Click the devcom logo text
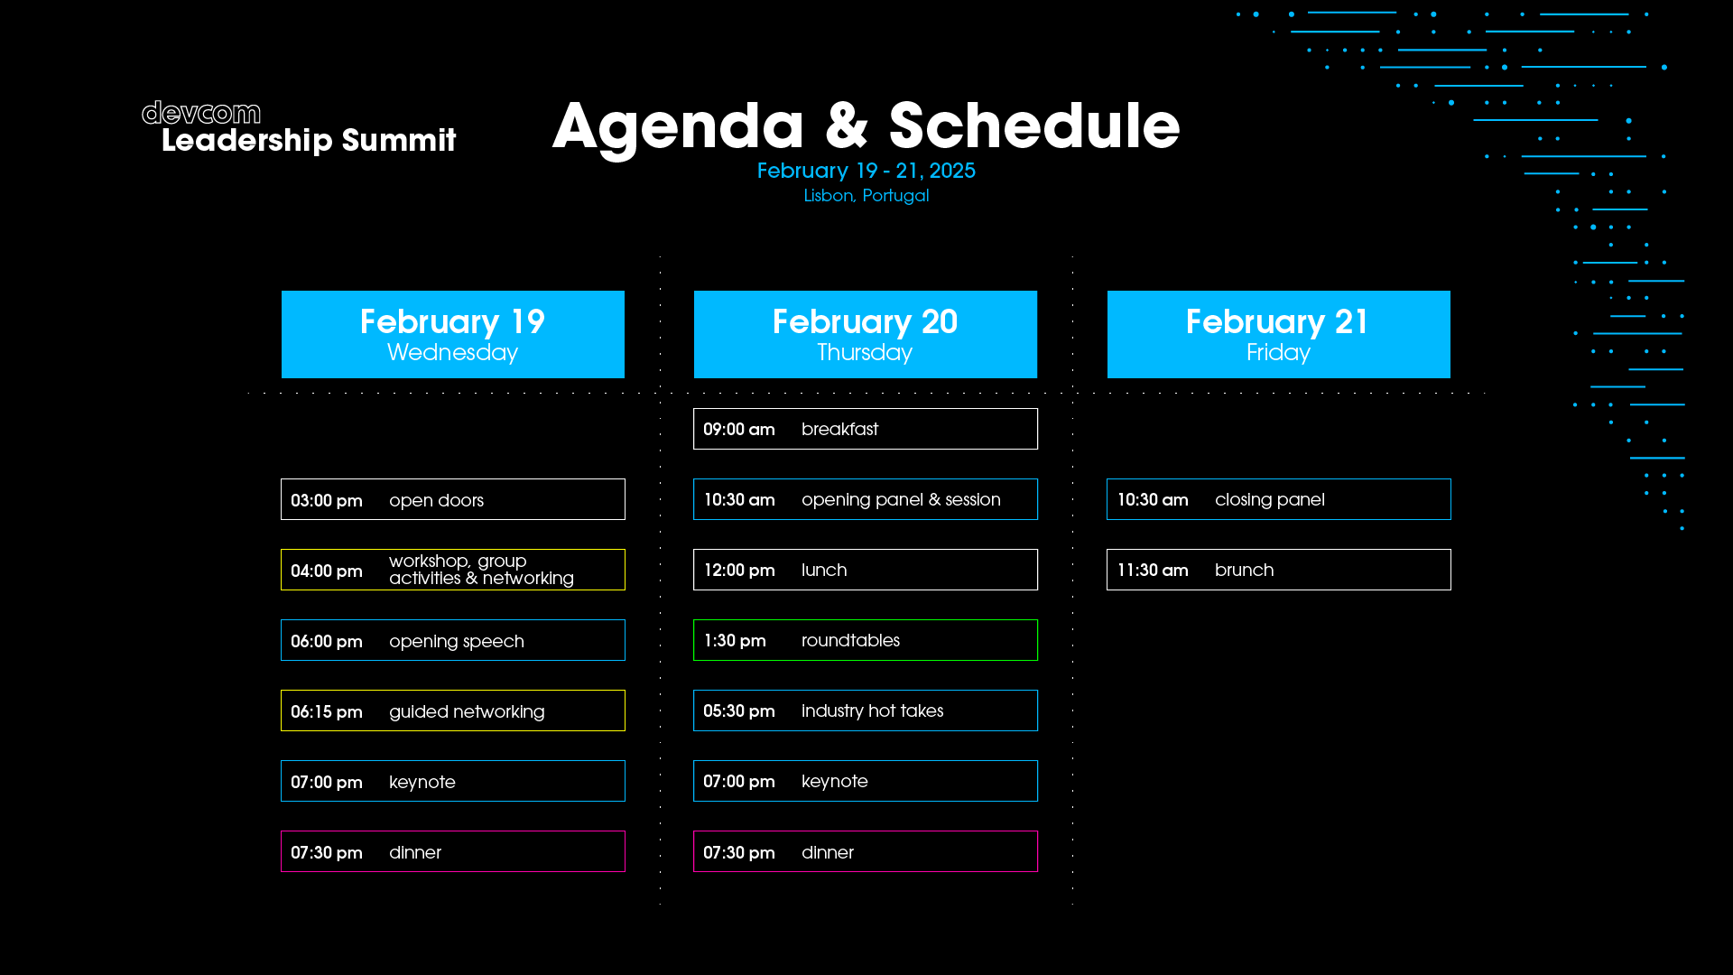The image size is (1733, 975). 201,113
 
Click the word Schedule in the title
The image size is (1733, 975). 1034,125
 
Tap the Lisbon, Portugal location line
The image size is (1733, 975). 866,195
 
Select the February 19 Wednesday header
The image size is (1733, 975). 453,334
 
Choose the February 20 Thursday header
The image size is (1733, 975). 866,334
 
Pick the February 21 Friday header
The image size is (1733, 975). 1279,334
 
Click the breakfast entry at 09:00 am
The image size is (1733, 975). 866,429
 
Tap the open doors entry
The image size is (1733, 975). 453,499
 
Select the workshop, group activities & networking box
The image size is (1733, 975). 453,570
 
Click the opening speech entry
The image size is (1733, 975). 453,640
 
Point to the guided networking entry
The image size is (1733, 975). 453,710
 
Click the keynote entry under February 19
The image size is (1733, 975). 453,781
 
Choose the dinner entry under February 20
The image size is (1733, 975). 866,851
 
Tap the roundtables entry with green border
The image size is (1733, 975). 866,640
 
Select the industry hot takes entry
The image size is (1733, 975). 866,710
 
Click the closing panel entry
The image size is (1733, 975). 1279,499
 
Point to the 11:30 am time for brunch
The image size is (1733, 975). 1153,570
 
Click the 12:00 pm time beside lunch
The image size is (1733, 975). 739,570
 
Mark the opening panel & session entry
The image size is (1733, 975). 866,499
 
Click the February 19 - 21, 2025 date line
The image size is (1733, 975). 866,171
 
